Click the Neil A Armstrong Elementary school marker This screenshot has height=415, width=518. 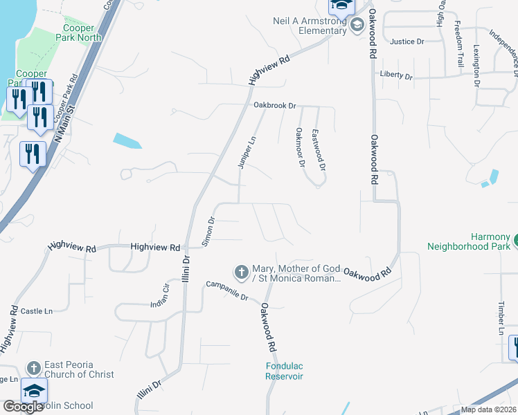357,26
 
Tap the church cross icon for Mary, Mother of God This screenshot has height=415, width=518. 242,273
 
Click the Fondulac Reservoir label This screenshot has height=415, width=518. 284,371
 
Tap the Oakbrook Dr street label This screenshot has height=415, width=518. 274,106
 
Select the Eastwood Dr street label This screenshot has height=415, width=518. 319,150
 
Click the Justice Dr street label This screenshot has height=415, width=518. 407,41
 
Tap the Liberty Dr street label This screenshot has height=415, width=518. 396,75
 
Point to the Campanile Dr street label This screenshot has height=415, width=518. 226,290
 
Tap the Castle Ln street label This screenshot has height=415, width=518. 37,312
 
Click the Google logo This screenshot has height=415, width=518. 23,407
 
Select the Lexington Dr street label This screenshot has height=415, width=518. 476,66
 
